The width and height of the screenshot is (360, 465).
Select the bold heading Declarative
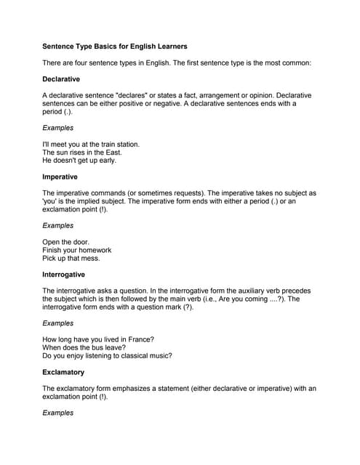point(61,78)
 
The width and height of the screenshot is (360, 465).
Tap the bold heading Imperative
point(60,177)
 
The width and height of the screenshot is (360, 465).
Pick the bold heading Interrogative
point(63,275)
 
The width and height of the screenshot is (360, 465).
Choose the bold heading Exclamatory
point(63,372)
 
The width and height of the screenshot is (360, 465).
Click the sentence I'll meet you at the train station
point(91,144)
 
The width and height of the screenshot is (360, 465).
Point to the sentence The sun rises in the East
point(81,153)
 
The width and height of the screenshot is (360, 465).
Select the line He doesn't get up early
point(79,161)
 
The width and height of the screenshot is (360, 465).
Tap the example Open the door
point(66,242)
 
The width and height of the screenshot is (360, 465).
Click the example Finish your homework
point(76,250)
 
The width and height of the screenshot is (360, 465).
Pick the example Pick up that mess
point(71,259)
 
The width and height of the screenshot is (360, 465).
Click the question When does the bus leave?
point(84,348)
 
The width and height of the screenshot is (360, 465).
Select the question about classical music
point(107,356)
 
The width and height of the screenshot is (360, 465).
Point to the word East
point(112,153)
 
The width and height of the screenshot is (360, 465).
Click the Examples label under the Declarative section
point(57,128)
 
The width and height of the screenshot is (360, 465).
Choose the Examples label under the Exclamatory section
point(57,413)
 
